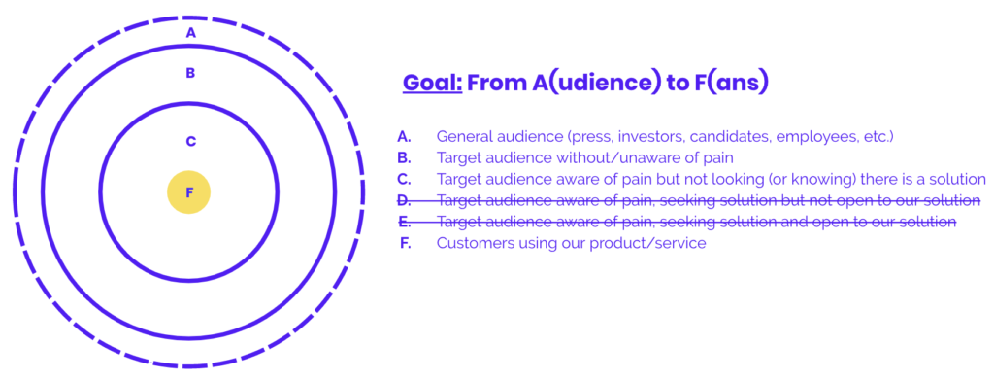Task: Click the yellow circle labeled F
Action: pos(189,192)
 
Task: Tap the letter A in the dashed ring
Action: pos(191,33)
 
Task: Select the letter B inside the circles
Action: pos(190,73)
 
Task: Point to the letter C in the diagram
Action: pos(190,142)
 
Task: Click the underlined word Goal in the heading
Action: pos(433,84)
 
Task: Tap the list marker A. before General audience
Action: pos(404,136)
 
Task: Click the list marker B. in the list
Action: pos(404,158)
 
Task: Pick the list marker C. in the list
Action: pos(404,180)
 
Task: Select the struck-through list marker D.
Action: pos(404,201)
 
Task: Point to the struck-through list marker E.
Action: pos(404,222)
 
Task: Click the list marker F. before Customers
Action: pos(406,243)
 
